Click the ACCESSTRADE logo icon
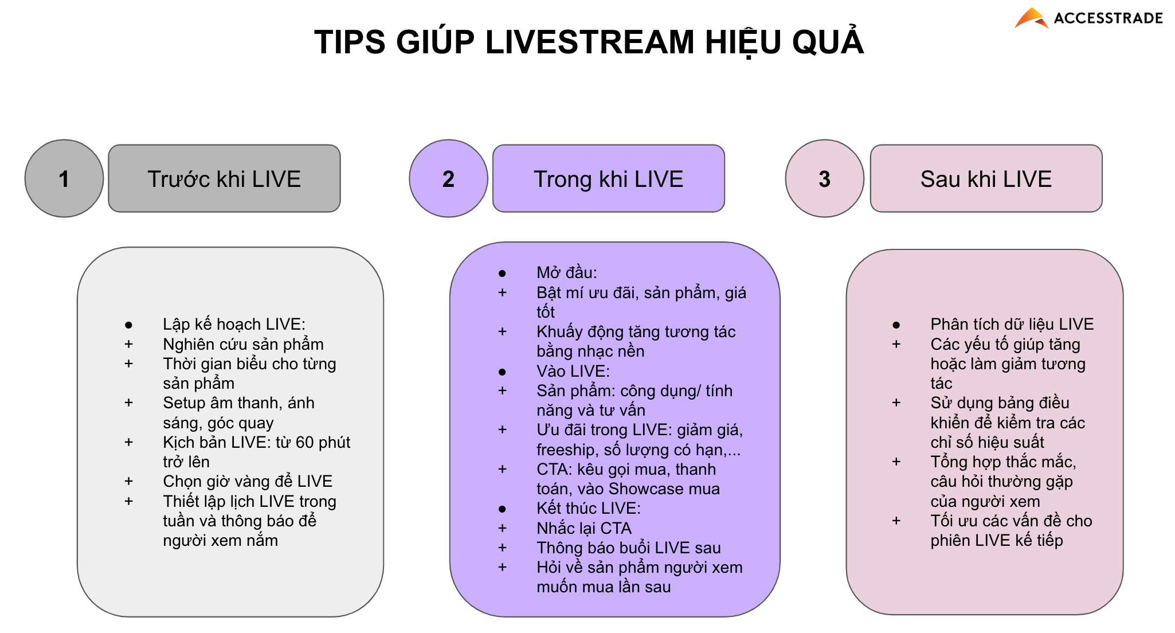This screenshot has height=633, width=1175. pos(1031,18)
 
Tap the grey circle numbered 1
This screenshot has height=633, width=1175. pos(64,178)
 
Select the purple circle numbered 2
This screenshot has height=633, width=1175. pos(448,178)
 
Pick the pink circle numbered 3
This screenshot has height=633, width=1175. pos(824,178)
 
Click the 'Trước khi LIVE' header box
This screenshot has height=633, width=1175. pos(224,178)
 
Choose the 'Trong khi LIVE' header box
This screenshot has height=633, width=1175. pos(608,178)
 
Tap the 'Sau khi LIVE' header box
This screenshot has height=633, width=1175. pos(986,178)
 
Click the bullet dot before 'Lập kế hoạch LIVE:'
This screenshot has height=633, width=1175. pos(128,325)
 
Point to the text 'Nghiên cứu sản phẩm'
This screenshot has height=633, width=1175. pos(243,344)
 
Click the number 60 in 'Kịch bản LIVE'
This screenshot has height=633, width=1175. pos(304,442)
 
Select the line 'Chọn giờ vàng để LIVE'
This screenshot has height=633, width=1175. pos(248,481)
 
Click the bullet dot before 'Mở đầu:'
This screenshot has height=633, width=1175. pos(502,273)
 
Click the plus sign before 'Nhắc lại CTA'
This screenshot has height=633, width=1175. pos(502,527)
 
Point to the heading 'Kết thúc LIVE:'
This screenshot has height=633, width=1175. pos(589,508)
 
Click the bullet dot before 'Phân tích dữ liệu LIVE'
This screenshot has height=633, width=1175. pos(896,325)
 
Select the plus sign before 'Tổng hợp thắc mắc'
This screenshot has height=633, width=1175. pos(896,462)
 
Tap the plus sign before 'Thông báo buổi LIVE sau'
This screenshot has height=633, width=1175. pos(502,548)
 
